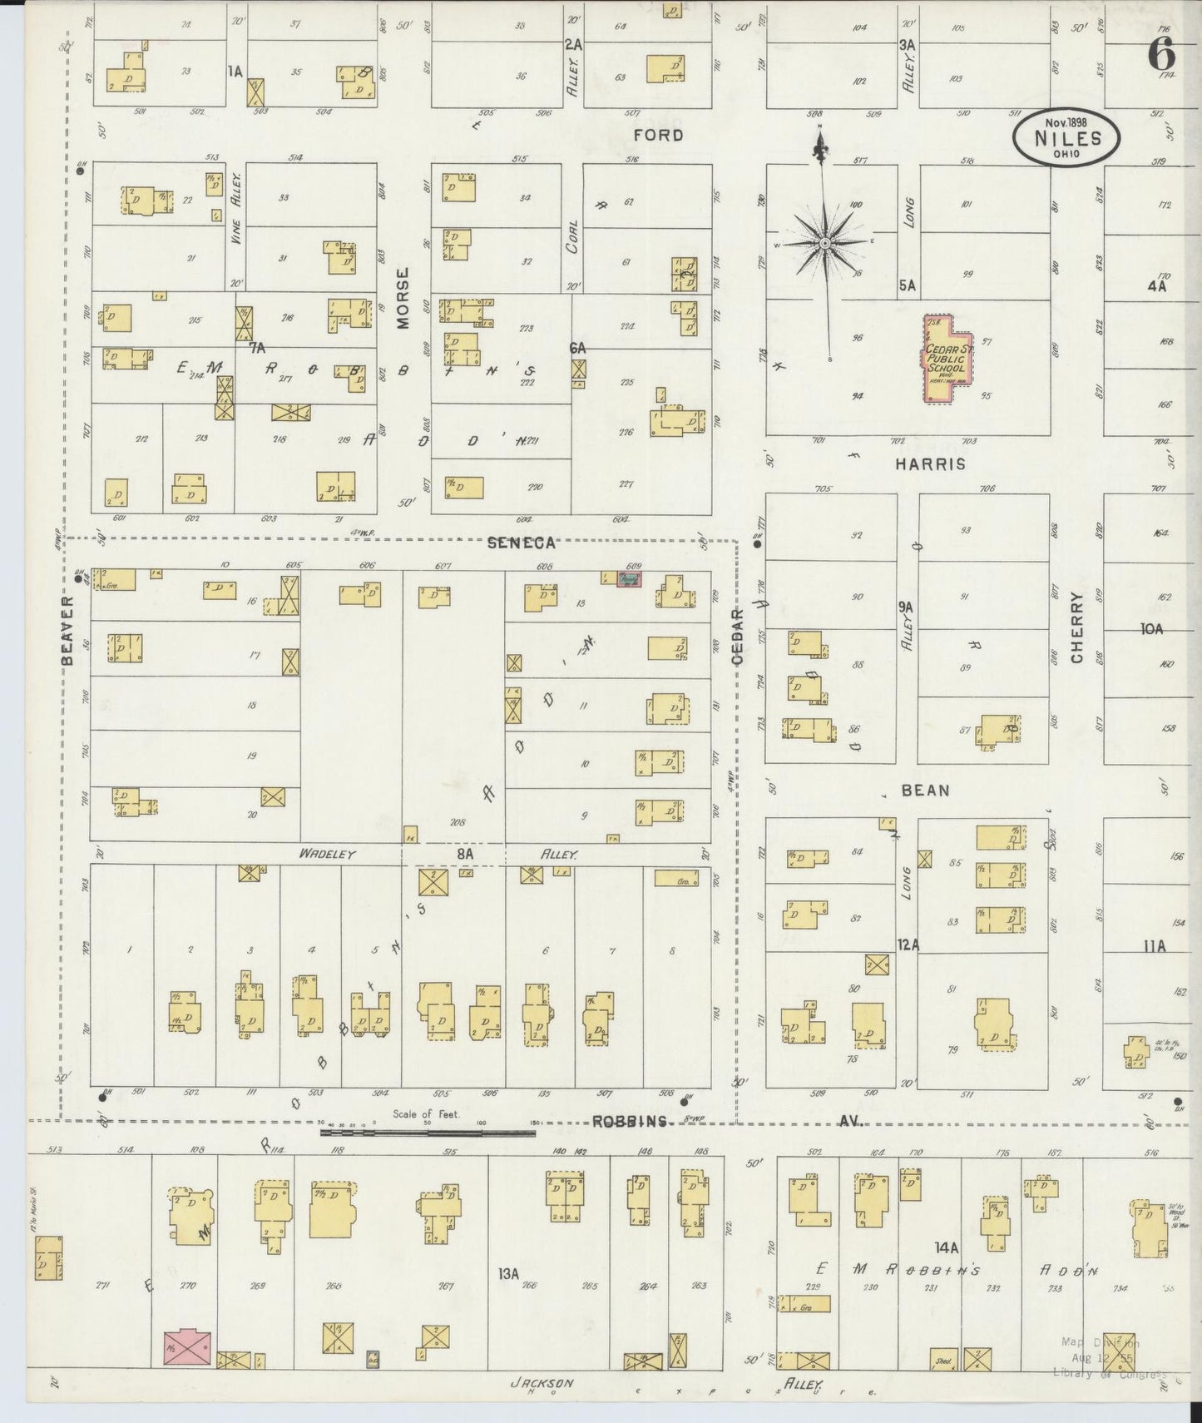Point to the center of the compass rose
click(824, 242)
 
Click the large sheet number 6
click(1162, 55)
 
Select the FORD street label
click(657, 135)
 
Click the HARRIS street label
click(930, 464)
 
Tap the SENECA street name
click(521, 543)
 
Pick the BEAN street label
click(925, 791)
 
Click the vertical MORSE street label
click(403, 298)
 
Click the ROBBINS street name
click(630, 1122)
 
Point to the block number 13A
click(508, 1274)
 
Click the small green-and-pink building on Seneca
click(630, 578)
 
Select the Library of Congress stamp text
click(1107, 1373)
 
